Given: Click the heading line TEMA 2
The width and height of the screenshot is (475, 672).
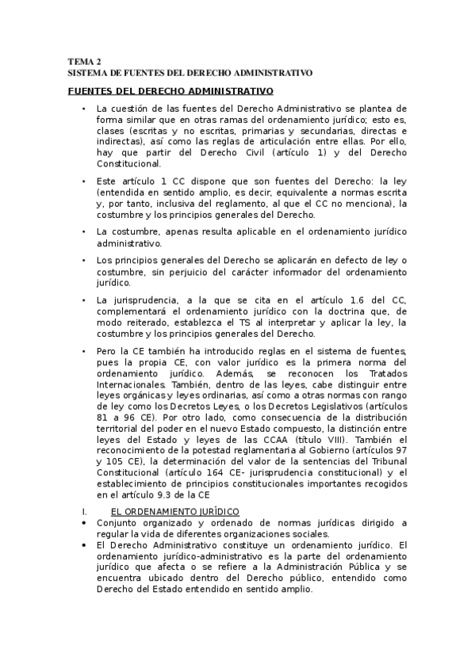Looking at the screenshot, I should tap(84, 61).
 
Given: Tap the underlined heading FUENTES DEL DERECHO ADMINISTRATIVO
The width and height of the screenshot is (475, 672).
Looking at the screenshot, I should tap(170, 92).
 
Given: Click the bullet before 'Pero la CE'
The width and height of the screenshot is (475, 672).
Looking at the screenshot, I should tap(83, 351).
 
